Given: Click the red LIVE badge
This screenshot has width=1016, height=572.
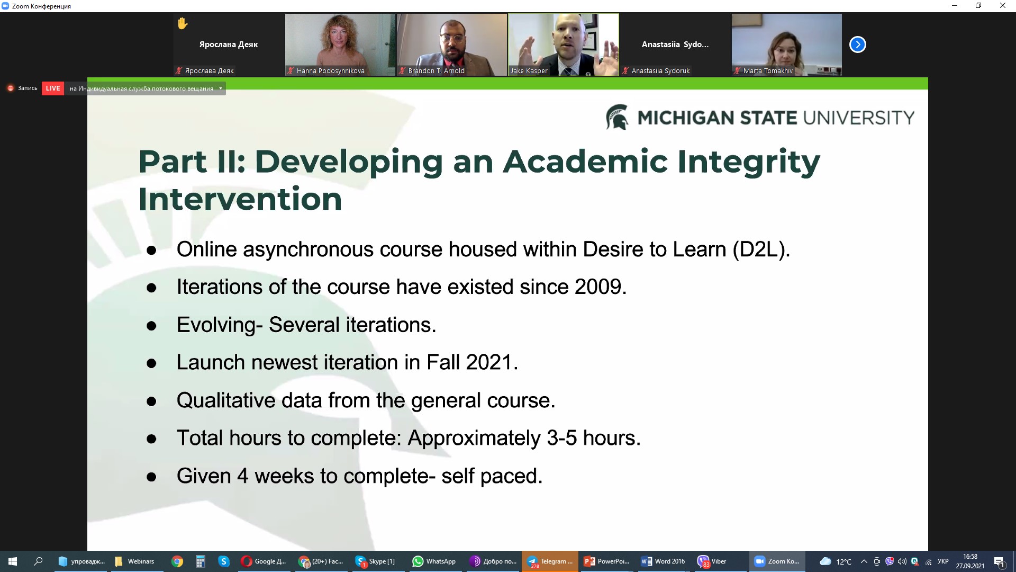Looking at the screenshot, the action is point(52,88).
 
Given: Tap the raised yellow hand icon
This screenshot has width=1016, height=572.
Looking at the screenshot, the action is point(183,23).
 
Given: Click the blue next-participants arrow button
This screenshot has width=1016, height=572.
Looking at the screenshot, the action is point(857,44).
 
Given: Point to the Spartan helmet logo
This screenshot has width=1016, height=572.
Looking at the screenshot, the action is point(617,117).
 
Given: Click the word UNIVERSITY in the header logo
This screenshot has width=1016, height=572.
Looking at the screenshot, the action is point(859,118).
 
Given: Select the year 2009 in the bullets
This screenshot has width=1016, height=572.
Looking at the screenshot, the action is point(598,287).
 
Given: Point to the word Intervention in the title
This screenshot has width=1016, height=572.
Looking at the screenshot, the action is point(240,199).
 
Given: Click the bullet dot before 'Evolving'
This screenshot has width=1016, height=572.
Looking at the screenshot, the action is point(151,326).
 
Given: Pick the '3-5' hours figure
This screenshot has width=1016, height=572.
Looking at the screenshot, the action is point(561,438).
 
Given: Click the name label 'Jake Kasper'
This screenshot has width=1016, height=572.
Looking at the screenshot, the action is point(529,70).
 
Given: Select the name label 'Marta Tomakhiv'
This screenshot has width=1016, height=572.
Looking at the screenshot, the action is point(768,70).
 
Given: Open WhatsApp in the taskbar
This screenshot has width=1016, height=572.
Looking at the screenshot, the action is point(434,561).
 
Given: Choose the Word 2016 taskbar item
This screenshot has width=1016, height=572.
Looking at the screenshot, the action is point(664,561).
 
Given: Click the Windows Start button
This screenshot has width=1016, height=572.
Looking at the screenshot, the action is point(13,561).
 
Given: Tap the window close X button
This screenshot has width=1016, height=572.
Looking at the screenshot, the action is point(1002,6).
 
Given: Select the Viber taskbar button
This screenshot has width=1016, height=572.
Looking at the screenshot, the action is point(712,561).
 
